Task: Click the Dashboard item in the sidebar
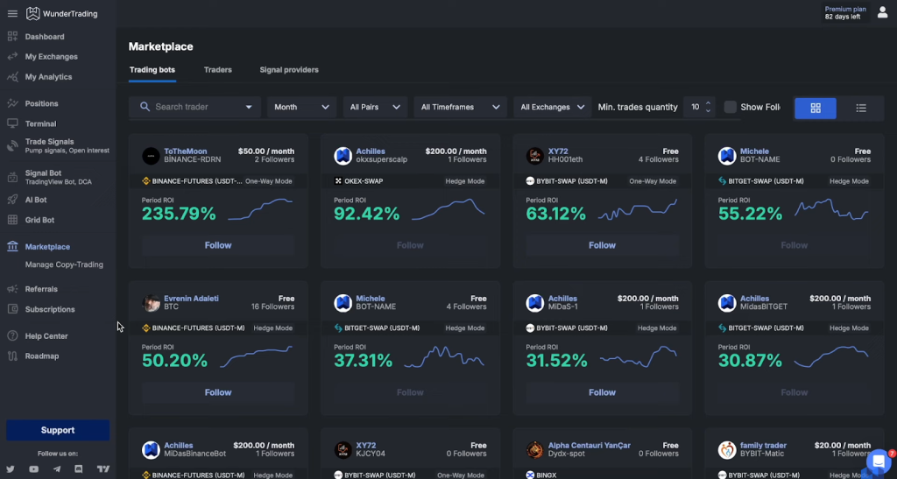44,37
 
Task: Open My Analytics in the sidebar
48,77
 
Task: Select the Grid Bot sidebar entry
39,220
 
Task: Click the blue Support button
58,430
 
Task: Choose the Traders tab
218,70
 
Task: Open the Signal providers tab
289,70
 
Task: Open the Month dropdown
301,107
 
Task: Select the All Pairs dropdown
375,107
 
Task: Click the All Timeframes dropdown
460,107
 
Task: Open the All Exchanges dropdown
553,107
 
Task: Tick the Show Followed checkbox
731,107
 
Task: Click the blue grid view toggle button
816,108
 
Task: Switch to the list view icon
861,108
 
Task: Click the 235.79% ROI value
179,214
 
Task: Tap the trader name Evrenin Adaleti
191,299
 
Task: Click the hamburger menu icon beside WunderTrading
12,13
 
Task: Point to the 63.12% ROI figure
555,214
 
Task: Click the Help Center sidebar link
46,336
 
